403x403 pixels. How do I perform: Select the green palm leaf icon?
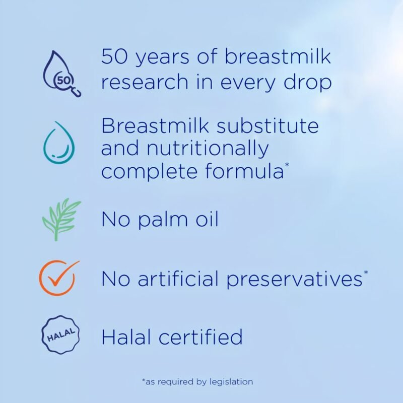pos(61,219)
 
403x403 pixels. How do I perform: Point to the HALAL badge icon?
pos(60,334)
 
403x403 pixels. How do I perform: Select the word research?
pos(145,82)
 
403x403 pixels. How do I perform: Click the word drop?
pos(307,82)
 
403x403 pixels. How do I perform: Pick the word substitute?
pos(267,125)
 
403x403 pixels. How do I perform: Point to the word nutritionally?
pos(208,149)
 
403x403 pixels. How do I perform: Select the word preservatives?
pos(295,279)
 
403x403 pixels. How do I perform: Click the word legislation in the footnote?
pos(231,382)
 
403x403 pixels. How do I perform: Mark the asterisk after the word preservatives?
pos(366,272)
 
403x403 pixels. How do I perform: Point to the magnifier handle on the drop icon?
pos(77,92)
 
